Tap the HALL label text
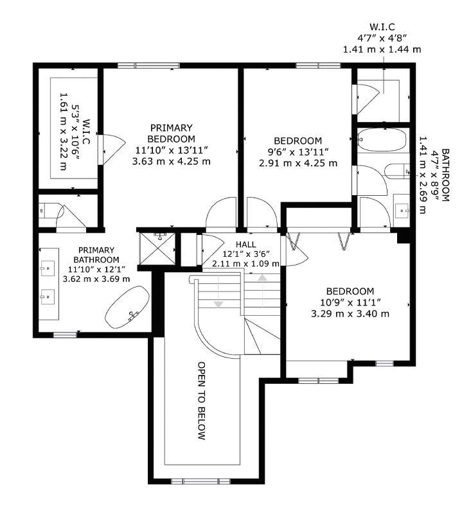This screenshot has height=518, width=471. pos(245,245)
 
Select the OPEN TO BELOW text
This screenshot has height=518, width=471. pos(201,401)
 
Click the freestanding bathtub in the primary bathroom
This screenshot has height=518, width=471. pos(128,308)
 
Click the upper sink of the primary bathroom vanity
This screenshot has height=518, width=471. pos(48,266)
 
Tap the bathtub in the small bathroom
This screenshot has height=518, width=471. pos(382,139)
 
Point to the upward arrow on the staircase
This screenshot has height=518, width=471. pos(262,278)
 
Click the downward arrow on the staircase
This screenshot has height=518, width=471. pos(218,302)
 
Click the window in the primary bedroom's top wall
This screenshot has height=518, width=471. pos(148,65)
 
